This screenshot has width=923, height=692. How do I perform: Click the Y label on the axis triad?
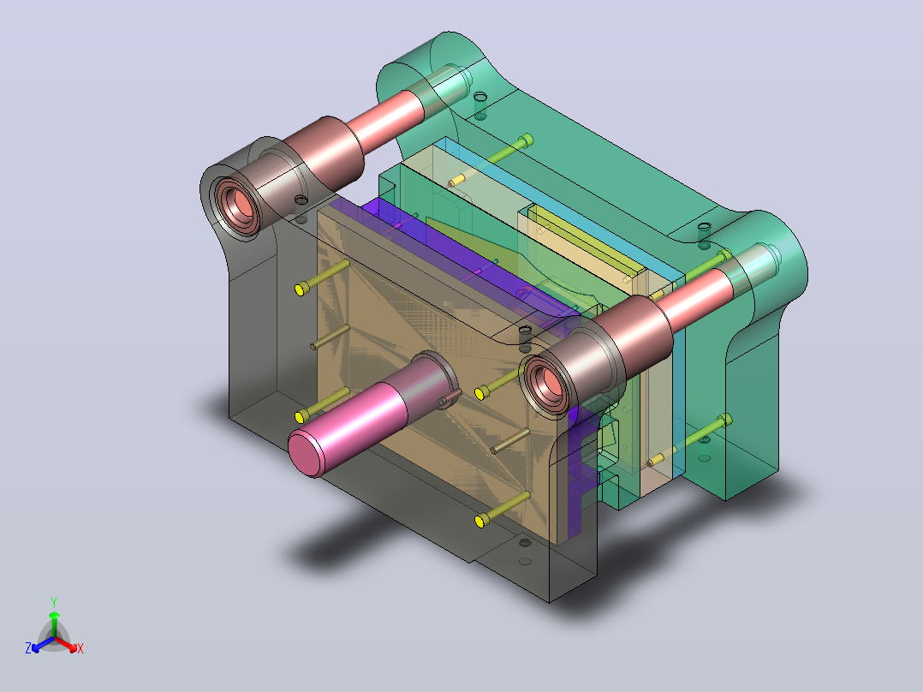tap(54, 602)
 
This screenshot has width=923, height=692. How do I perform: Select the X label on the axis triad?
tap(80, 648)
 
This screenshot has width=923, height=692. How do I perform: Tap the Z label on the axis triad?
tap(28, 648)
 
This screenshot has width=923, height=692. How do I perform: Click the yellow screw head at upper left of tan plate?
tap(301, 289)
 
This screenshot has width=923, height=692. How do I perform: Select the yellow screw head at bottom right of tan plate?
tap(481, 521)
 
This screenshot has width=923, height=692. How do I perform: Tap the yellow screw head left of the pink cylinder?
tap(301, 417)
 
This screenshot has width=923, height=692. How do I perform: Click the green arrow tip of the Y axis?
tap(54, 614)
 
